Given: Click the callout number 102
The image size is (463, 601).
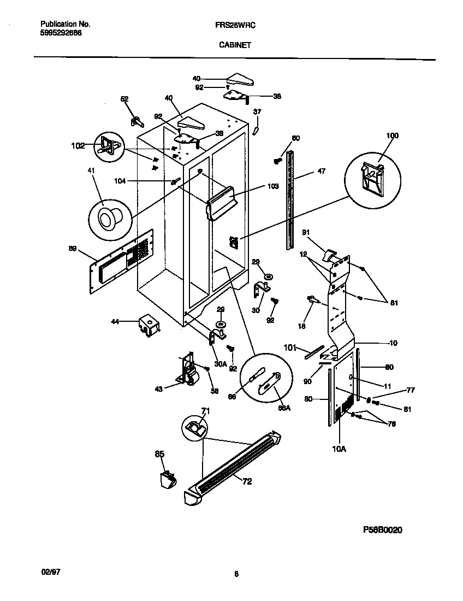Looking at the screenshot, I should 78,146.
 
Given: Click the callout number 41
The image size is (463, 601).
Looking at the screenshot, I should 91,171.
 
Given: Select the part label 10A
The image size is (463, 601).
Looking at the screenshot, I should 339,449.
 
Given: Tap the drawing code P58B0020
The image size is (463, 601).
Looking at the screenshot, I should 383,530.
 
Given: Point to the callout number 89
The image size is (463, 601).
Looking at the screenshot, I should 73,249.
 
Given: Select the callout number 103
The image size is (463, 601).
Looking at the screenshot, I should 273,186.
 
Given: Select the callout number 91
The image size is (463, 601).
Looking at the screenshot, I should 306,233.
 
